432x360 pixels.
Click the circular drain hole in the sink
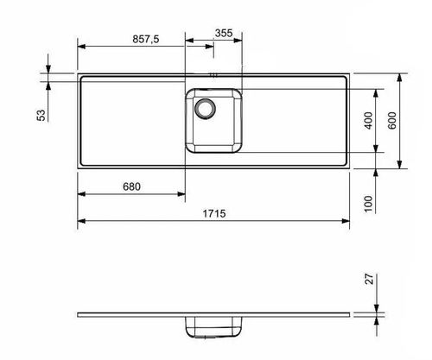click(206, 109)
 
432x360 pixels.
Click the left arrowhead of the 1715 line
click(80, 222)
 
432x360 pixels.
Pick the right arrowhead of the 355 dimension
click(244, 41)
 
